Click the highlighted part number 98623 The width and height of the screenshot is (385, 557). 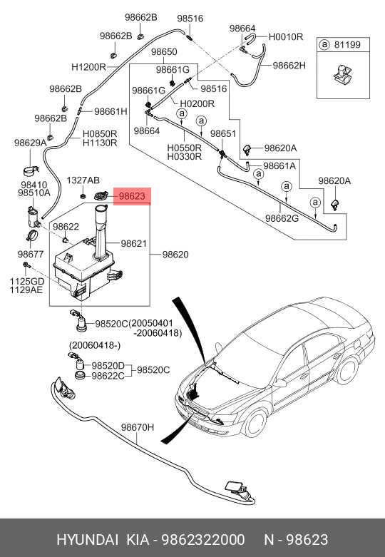(132, 196)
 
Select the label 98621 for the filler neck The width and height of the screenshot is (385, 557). (133, 244)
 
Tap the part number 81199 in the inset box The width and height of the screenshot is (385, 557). (347, 45)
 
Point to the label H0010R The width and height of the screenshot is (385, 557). (286, 37)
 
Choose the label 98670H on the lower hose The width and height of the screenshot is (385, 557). (138, 427)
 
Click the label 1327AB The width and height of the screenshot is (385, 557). (83, 180)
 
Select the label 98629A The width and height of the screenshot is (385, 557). (30, 143)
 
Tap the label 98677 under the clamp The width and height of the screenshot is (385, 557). (31, 254)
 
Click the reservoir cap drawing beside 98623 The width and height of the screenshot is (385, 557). (101, 196)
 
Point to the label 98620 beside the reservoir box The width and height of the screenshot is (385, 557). (175, 255)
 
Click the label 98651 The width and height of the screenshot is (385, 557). (223, 133)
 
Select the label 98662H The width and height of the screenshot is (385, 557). (289, 66)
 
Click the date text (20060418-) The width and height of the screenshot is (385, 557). (95, 345)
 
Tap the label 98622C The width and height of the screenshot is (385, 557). (108, 375)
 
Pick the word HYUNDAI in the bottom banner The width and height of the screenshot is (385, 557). (88, 540)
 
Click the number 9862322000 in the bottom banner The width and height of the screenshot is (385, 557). (203, 540)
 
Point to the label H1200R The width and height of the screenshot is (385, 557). (89, 67)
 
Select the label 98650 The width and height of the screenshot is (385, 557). (164, 52)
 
